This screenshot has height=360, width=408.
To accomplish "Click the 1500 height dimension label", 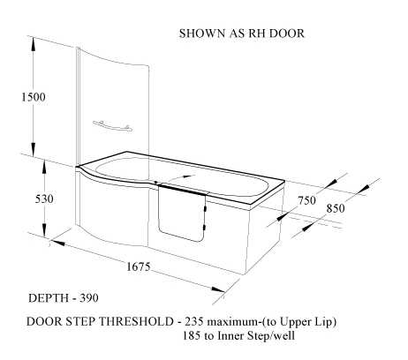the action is [34, 97].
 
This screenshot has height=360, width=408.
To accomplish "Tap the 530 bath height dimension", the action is [44, 199].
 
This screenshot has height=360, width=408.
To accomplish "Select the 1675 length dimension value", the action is [139, 266].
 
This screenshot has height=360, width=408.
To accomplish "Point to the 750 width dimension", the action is [306, 200].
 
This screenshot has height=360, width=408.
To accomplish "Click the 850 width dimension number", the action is [336, 208].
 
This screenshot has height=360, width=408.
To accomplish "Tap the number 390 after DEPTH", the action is [89, 298].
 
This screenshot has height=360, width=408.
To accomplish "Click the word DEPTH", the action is [49, 298].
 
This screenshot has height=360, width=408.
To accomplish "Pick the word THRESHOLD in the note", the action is [136, 321].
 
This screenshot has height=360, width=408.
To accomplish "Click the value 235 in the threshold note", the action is [194, 321].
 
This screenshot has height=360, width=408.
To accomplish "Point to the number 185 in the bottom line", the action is [192, 335].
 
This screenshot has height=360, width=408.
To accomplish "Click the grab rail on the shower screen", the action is [112, 126].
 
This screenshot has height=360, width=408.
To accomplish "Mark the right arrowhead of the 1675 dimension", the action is [218, 289].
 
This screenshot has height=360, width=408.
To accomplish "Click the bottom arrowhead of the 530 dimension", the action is [44, 230].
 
